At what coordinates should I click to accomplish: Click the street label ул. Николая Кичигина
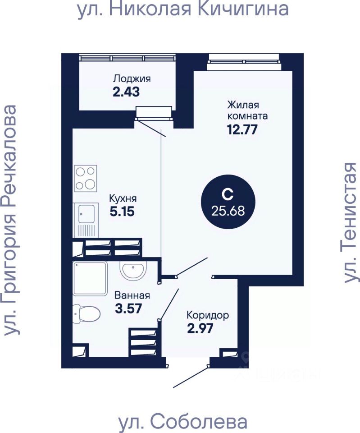point(183,9)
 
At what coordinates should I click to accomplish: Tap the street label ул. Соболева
point(182,422)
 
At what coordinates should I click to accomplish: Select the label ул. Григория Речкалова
point(9,220)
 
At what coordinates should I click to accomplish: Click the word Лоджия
point(132,78)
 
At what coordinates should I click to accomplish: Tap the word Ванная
point(132,296)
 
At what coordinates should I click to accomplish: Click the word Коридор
point(208,315)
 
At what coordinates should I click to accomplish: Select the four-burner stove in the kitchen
point(86,178)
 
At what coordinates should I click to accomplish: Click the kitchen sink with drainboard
point(86,220)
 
